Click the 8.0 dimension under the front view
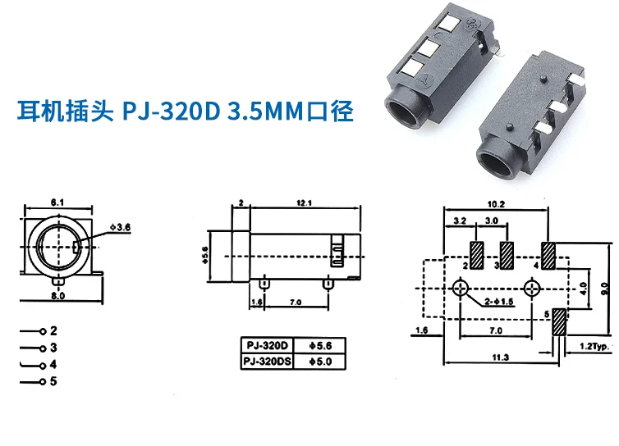coord(57,294)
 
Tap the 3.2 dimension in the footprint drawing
coord(458,221)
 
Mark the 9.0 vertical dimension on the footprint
coord(603,288)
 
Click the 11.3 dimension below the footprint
coord(501,357)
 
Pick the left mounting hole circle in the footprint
coord(461,289)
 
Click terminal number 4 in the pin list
coord(53,363)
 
